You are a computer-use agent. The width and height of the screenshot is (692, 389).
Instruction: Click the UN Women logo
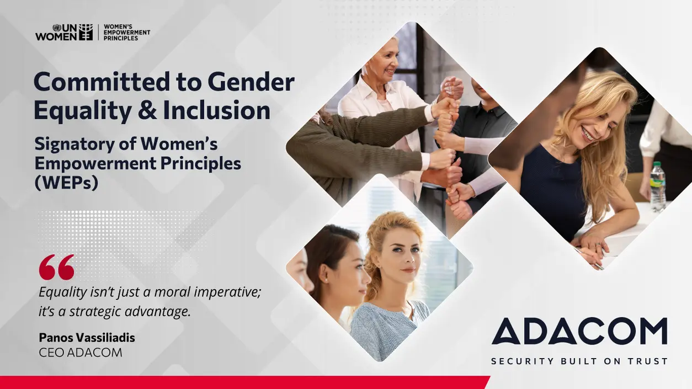click(x=64, y=32)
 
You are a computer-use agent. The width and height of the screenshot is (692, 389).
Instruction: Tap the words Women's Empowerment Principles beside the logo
click(x=126, y=32)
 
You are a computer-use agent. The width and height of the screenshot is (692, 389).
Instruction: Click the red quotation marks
click(x=56, y=267)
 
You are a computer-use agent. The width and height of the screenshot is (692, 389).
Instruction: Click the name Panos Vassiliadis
click(x=87, y=337)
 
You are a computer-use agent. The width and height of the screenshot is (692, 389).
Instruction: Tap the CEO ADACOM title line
click(x=81, y=353)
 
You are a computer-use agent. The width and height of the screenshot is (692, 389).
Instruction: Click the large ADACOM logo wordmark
click(x=579, y=332)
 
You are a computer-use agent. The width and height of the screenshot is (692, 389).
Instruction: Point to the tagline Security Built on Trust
click(x=579, y=361)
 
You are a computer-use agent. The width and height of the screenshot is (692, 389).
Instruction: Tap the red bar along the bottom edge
click(x=243, y=382)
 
